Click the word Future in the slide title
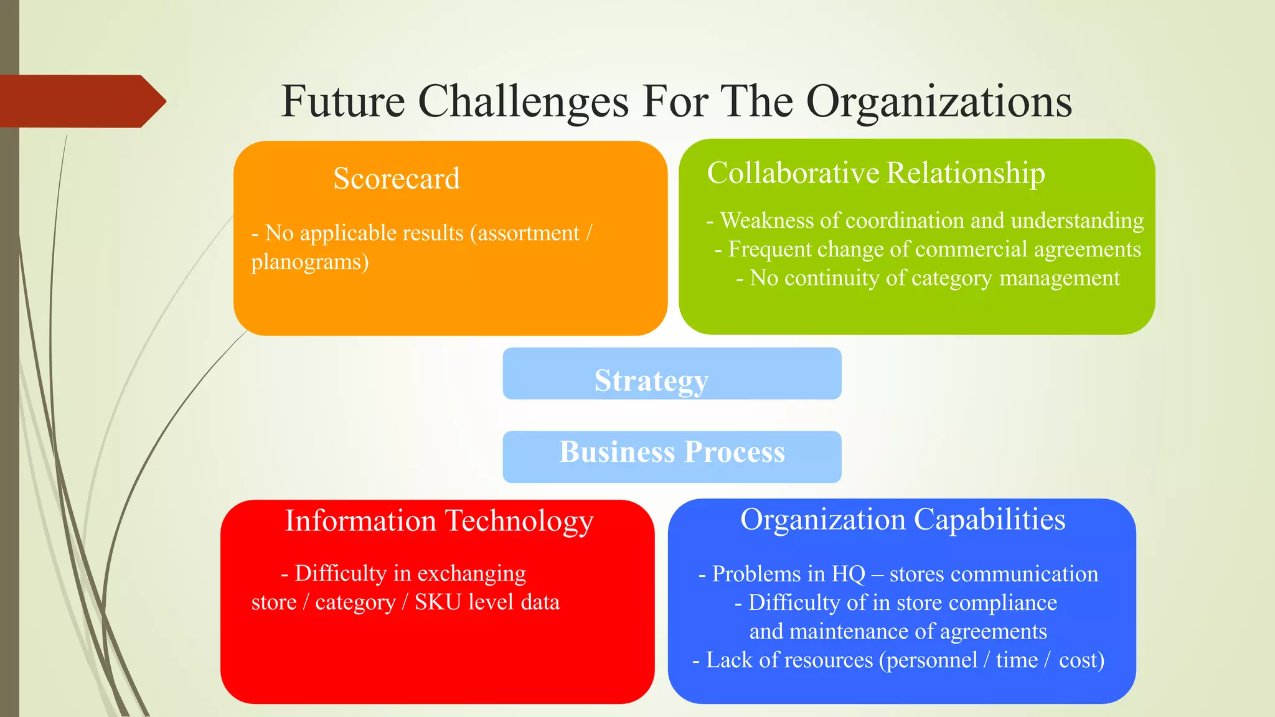pyautogui.click(x=343, y=101)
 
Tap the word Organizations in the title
pyautogui.click(x=939, y=101)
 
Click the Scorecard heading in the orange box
pyautogui.click(x=397, y=179)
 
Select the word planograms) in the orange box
pyautogui.click(x=309, y=262)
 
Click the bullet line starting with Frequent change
pyautogui.click(x=928, y=249)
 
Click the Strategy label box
pyautogui.click(x=672, y=374)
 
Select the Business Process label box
pyautogui.click(x=672, y=456)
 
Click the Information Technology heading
pyautogui.click(x=439, y=521)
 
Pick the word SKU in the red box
pyautogui.click(x=438, y=602)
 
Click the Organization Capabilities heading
pyautogui.click(x=903, y=520)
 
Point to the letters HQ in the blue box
pyautogui.click(x=849, y=574)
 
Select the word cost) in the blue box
pyautogui.click(x=1081, y=660)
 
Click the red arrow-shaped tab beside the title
pyautogui.click(x=81, y=101)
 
